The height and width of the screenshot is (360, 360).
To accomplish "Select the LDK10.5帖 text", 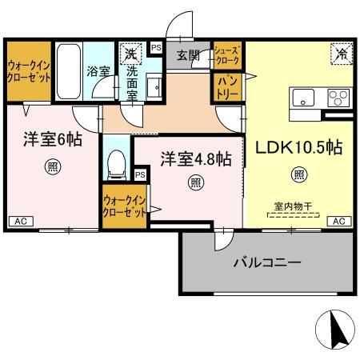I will click(x=298, y=147).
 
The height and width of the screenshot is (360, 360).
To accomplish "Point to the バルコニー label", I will click(x=266, y=262).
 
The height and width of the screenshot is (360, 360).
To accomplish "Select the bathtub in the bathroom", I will click(x=70, y=70).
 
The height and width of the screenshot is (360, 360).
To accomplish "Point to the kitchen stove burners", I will click(x=336, y=98).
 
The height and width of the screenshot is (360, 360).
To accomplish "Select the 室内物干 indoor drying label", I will click(x=291, y=206).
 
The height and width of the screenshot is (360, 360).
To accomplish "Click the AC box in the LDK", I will click(x=338, y=221).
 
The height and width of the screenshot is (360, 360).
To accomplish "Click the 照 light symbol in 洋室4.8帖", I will click(x=195, y=182).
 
